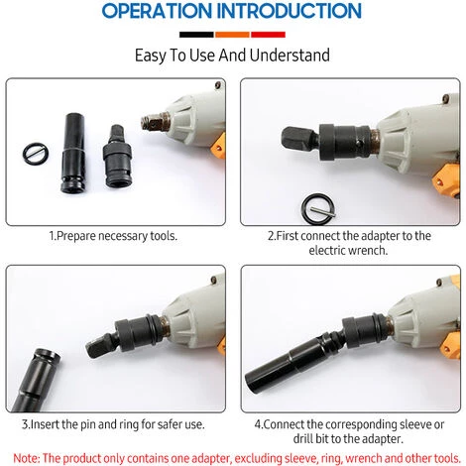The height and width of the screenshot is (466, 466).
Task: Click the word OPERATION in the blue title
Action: (x=157, y=11)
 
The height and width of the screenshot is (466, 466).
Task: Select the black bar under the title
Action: (x=196, y=35)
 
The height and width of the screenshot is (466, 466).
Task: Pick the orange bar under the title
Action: (x=232, y=35)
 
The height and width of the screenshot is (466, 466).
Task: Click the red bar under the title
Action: (x=268, y=35)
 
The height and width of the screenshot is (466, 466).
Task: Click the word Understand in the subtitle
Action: (x=290, y=56)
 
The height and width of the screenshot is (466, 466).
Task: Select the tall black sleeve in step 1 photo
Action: (x=73, y=153)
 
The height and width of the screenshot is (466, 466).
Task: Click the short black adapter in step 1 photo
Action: (x=117, y=157)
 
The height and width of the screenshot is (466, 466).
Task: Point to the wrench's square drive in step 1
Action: (x=155, y=123)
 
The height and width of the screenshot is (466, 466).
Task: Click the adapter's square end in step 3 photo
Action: (x=100, y=346)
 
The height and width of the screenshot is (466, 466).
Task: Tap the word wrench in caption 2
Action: (x=371, y=251)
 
